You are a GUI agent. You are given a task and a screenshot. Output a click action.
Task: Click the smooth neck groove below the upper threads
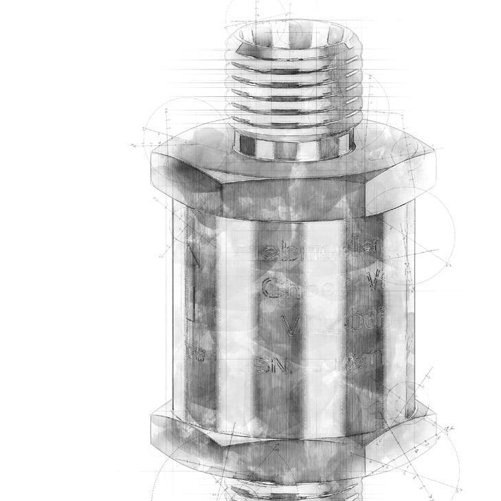pyautogui.click(x=293, y=146)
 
